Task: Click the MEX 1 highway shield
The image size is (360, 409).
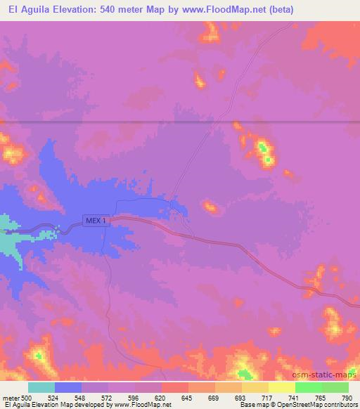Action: (x=96, y=220)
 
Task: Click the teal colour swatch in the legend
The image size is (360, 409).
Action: (x=41, y=387)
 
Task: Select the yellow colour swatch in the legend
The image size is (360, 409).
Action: (x=281, y=387)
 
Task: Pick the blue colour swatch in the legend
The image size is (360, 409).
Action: (x=68, y=387)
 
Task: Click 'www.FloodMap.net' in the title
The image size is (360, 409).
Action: (x=221, y=10)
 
